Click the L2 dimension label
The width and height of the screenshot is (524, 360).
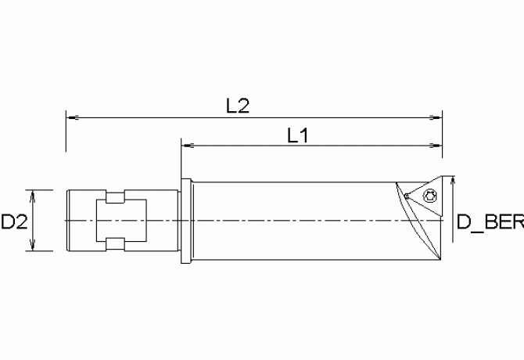(x=238, y=106)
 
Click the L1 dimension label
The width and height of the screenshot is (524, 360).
(x=298, y=135)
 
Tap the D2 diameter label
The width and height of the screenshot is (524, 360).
(x=14, y=221)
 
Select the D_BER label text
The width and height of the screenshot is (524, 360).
(x=490, y=222)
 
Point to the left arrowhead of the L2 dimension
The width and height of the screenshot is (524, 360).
(x=73, y=117)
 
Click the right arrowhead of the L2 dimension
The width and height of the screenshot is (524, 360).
(x=436, y=117)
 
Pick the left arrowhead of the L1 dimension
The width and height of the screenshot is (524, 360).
(x=188, y=146)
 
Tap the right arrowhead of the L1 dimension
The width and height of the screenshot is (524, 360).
(x=436, y=146)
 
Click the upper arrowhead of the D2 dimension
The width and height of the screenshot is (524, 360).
(x=32, y=196)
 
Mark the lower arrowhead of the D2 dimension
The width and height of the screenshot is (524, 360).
(x=32, y=244)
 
